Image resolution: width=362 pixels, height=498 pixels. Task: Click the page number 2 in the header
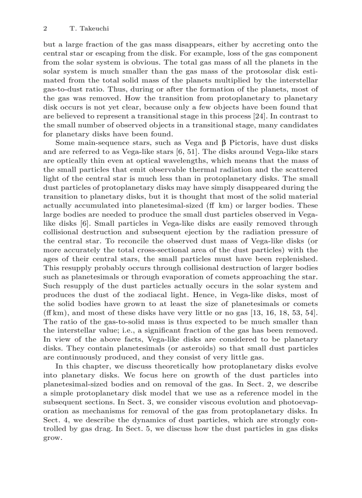tap(45, 28)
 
